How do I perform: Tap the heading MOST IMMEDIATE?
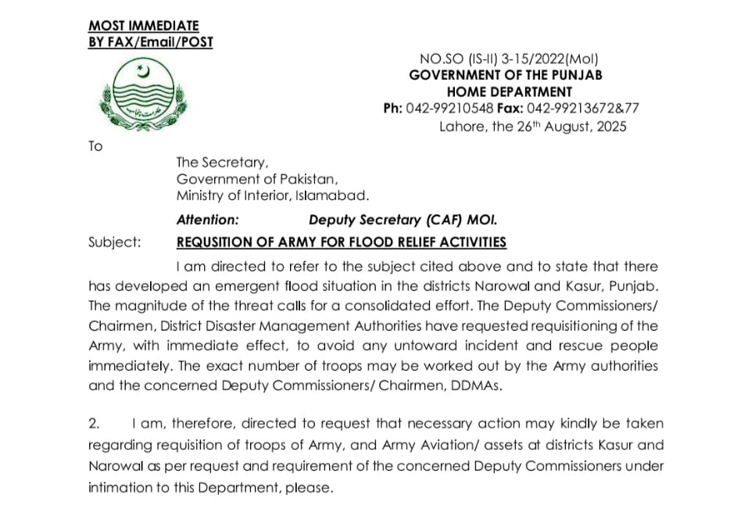click(144, 26)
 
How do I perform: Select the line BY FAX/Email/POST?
click(150, 41)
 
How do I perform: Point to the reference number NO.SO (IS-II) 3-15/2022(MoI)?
click(510, 58)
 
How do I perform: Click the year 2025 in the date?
click(610, 127)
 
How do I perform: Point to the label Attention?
click(208, 221)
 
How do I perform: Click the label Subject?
click(115, 242)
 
